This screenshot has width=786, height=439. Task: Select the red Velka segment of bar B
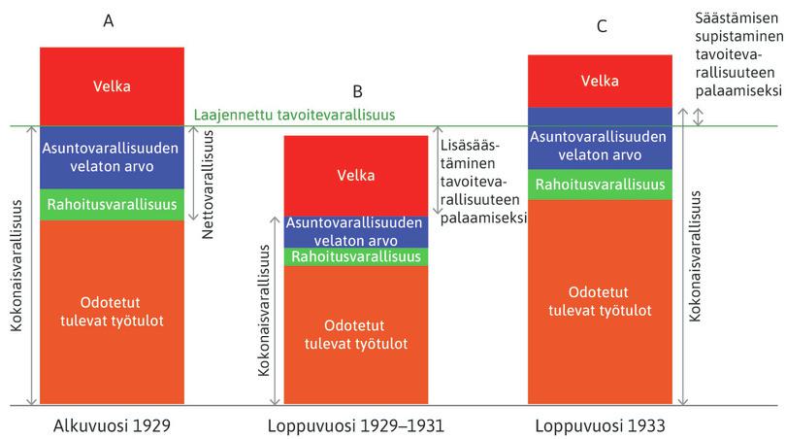356,175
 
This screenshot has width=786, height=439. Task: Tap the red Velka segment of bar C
599,81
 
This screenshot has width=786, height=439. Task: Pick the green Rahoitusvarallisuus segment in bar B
356,256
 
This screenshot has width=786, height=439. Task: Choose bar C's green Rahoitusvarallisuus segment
599,185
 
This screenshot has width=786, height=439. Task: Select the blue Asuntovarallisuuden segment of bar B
356,231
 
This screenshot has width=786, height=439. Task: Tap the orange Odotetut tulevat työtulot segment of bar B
356,334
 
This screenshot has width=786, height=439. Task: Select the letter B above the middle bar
357,92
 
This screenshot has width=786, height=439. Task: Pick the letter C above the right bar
602,26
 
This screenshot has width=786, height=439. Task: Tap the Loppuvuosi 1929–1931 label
356,424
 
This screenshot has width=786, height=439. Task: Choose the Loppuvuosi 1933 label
600,424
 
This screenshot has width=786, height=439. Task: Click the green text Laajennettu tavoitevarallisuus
294,115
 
